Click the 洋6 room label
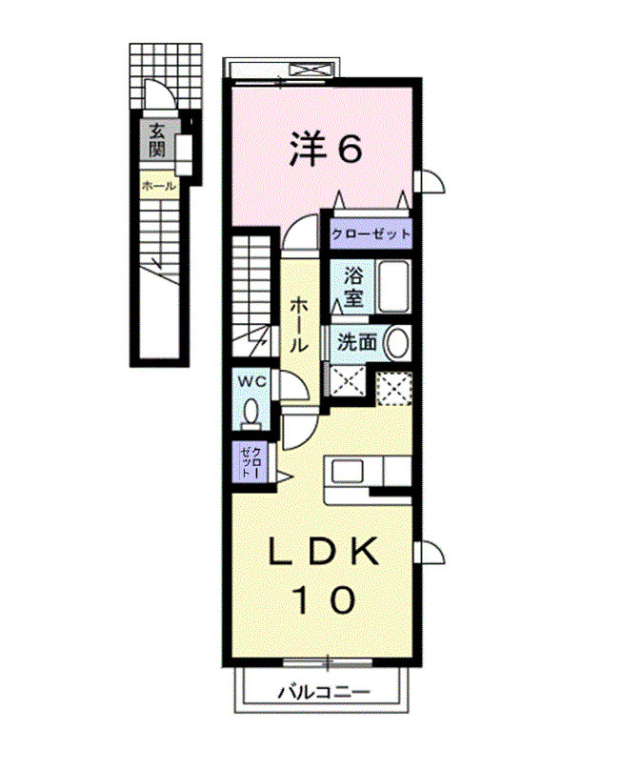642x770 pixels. [325, 148]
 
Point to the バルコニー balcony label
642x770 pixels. [324, 693]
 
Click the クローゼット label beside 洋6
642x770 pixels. [371, 233]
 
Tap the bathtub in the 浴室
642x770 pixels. [392, 285]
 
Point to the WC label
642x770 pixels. [251, 381]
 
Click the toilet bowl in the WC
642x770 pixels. [251, 413]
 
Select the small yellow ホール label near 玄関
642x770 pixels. [158, 186]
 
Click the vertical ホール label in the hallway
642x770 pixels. [299, 324]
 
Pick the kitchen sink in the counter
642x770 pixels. [346, 472]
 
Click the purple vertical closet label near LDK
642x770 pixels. [248, 462]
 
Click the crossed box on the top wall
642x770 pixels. [311, 70]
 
